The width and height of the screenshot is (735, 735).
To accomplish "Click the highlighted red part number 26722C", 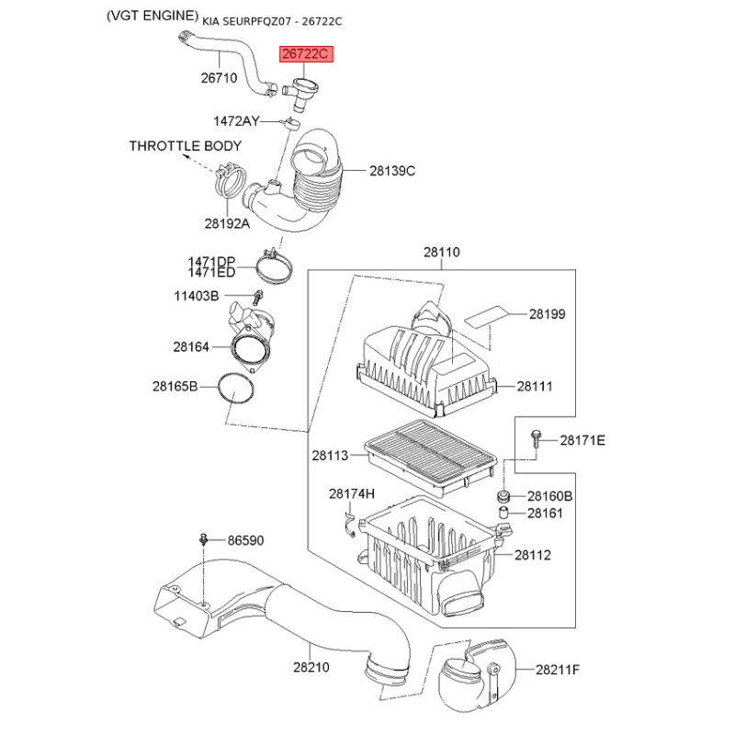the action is (x=306, y=54).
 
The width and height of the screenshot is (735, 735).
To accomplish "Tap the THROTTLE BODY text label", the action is (x=186, y=146).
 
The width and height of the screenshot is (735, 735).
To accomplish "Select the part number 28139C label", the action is (x=392, y=171).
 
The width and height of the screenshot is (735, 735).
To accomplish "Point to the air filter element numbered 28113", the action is (x=430, y=457).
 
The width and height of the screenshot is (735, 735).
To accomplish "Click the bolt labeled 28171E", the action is (x=536, y=439).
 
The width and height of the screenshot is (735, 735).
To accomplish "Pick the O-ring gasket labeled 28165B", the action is (x=236, y=389).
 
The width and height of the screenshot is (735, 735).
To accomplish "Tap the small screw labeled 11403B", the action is (x=258, y=297).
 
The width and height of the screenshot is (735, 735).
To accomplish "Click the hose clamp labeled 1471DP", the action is (x=275, y=266).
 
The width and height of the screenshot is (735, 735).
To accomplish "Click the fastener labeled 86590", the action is (x=203, y=539).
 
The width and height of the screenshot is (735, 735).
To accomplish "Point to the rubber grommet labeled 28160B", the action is (x=503, y=495).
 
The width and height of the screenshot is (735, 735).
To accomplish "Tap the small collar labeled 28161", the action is (x=503, y=513).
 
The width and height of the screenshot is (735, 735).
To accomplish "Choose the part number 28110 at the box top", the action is (x=442, y=252).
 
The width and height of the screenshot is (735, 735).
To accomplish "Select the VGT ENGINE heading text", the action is (x=153, y=16).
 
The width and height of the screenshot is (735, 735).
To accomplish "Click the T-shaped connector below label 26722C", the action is (x=300, y=93).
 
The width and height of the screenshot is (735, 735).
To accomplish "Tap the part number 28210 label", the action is (x=311, y=667).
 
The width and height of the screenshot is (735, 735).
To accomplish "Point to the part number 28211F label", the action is (x=558, y=670).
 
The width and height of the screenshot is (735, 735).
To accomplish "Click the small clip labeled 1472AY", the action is (x=290, y=124).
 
